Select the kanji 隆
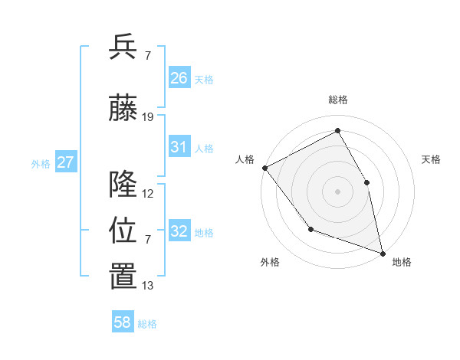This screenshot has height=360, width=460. pos(123,184)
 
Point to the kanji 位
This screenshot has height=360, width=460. pos(123,230)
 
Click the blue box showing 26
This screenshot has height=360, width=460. pos(179,78)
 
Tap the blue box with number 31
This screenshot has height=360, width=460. pos(179,147)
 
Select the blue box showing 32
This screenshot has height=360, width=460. pos(179,231)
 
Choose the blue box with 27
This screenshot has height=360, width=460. pos(65,162)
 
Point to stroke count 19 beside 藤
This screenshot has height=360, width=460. pos(148,117)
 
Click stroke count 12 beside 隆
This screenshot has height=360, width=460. pos(148,194)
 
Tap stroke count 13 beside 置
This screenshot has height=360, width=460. pos(148,286)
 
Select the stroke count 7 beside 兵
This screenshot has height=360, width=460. pos(147,56)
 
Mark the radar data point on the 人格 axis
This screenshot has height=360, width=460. pos(264,168)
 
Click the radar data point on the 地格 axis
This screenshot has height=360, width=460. pos(382,253)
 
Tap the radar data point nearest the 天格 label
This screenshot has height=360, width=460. pos(366,182)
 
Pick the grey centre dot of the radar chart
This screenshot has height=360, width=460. pos(337,191)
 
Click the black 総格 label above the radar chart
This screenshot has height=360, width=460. pos(338,100)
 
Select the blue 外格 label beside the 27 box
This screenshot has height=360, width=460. pos(41,163)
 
